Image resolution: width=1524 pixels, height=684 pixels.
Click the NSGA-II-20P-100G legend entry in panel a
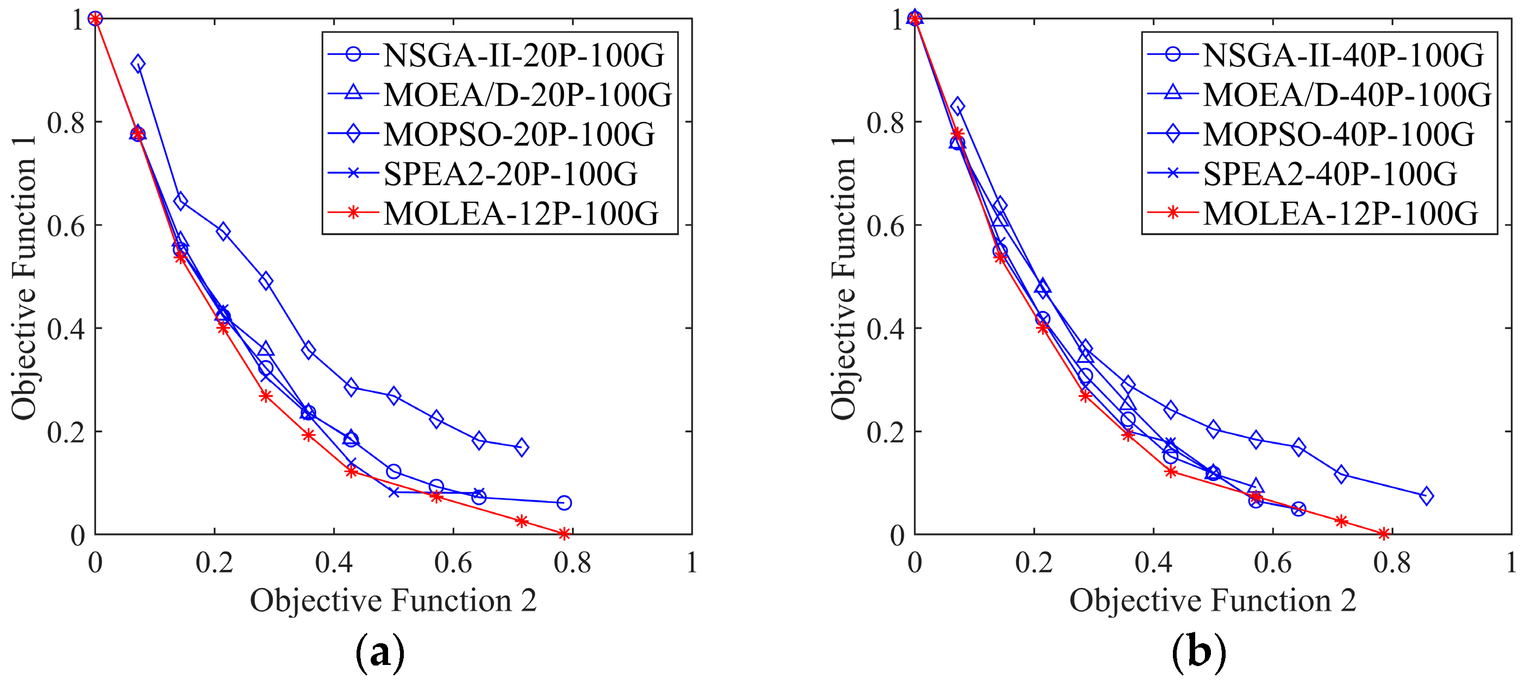523,55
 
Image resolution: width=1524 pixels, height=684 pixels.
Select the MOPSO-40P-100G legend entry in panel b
1338,134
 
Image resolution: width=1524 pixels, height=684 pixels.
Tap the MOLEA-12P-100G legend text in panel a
521,214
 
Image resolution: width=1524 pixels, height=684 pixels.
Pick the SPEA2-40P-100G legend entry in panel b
1330,174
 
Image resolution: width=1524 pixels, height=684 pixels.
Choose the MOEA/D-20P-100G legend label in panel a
528,95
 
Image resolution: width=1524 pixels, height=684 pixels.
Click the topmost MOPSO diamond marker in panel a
138,63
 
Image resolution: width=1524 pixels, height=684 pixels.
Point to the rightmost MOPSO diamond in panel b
1426,496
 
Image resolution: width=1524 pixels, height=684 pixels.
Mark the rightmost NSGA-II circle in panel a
564,502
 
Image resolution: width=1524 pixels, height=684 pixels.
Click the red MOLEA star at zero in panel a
564,534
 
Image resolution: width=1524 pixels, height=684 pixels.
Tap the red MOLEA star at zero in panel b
1383,534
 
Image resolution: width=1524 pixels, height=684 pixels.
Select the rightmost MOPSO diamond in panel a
521,447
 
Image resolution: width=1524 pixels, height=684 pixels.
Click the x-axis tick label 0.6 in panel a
453,563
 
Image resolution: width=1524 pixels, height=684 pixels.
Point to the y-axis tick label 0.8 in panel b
885,122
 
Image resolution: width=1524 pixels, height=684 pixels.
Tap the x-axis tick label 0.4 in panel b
1153,563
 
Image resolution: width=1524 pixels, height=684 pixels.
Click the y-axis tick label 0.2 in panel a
66,432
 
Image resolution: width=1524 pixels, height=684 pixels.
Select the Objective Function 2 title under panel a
393,601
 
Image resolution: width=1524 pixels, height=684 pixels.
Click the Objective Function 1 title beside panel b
842,277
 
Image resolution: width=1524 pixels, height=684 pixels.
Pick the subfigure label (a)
380,652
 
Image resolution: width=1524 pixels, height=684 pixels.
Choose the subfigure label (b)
1199,652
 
